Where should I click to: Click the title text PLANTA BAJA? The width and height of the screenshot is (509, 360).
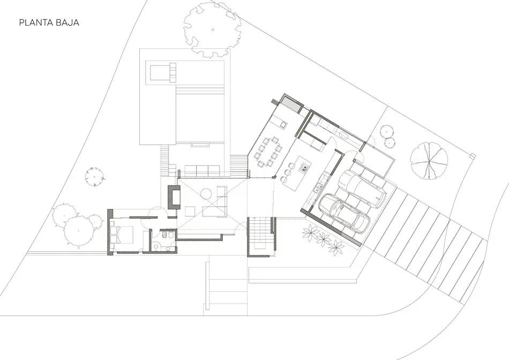(49, 23)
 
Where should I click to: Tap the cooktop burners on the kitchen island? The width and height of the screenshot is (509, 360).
(304, 168)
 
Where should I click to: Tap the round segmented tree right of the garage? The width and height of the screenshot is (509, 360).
(429, 161)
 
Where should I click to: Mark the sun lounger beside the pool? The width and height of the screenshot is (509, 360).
(162, 72)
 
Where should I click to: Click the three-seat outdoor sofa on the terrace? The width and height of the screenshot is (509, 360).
(201, 171)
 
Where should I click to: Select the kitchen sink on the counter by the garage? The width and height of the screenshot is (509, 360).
(318, 187)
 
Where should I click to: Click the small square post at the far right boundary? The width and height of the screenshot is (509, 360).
(472, 156)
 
